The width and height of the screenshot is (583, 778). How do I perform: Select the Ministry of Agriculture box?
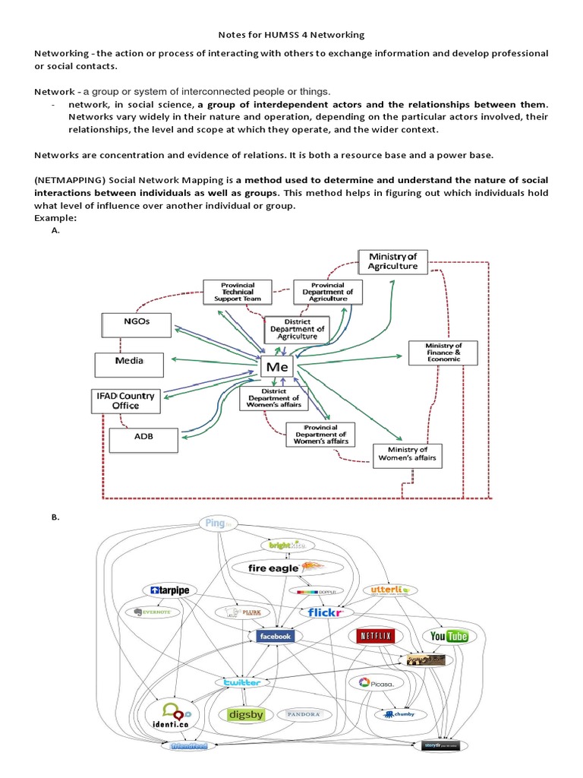(x=392, y=261)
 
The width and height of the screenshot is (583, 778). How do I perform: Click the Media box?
(x=129, y=364)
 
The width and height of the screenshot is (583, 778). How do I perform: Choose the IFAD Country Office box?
(x=125, y=400)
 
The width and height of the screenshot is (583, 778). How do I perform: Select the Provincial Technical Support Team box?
(x=238, y=292)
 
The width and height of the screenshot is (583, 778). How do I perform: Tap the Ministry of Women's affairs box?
(x=408, y=454)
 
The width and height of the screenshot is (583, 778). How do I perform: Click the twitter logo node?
(x=241, y=682)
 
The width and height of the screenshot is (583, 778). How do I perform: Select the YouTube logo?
(x=449, y=636)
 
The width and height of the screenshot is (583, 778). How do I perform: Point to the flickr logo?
(x=326, y=612)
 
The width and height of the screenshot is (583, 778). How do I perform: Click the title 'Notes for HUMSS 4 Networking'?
(x=291, y=34)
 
